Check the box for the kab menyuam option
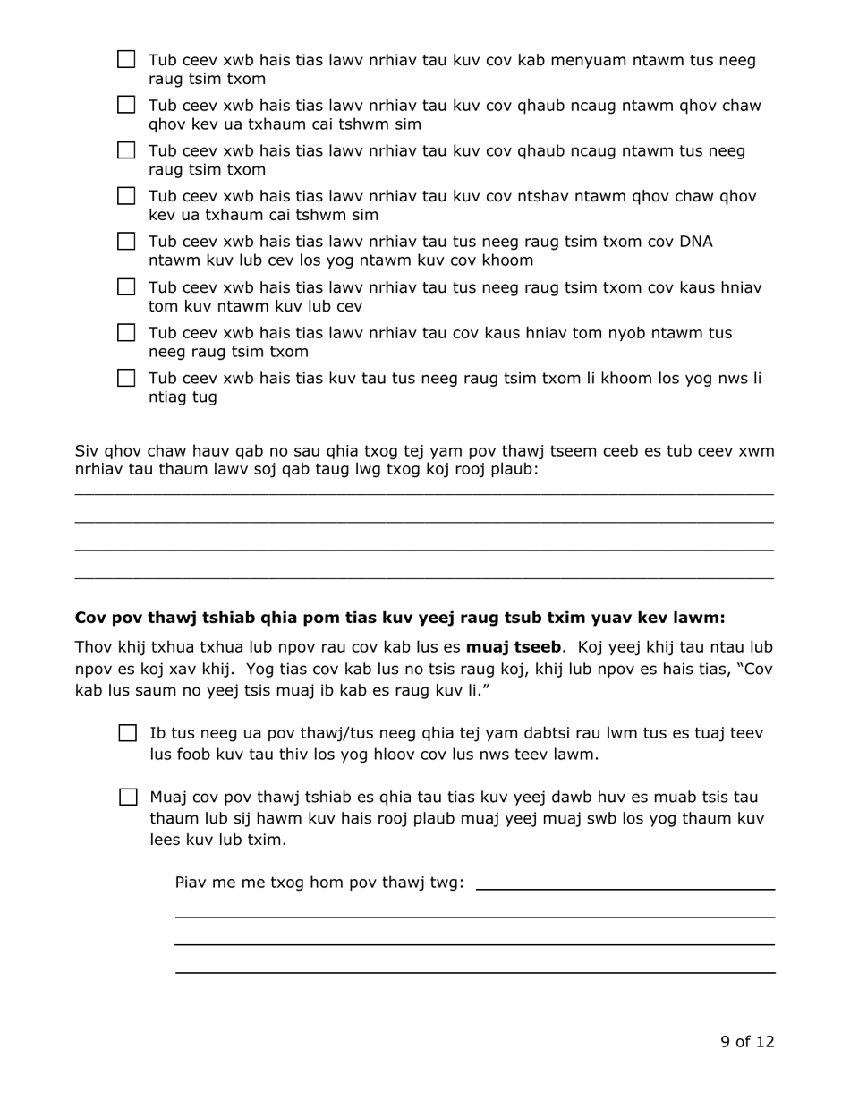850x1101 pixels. pyautogui.click(x=127, y=60)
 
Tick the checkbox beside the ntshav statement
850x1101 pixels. pyautogui.click(x=127, y=196)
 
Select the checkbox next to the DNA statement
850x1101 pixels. pyautogui.click(x=127, y=242)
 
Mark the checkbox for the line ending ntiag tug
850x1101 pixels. pyautogui.click(x=127, y=378)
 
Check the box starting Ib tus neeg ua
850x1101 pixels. pyautogui.click(x=128, y=734)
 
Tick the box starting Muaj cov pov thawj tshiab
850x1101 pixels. pyautogui.click(x=128, y=797)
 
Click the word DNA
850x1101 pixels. pyautogui.click(x=695, y=242)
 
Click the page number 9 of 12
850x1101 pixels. pyautogui.click(x=747, y=1041)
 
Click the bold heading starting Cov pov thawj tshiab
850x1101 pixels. pyautogui.click(x=399, y=618)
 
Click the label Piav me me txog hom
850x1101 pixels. pyautogui.click(x=319, y=883)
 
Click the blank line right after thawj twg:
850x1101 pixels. pyautogui.click(x=625, y=888)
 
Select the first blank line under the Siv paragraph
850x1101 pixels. pyautogui.click(x=423, y=493)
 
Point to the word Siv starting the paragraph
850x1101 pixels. pyautogui.click(x=87, y=450)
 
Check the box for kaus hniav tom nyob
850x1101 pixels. pyautogui.click(x=127, y=333)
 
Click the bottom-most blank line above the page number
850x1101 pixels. pyautogui.click(x=474, y=971)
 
